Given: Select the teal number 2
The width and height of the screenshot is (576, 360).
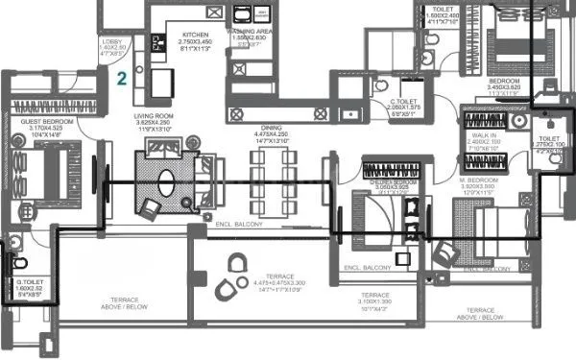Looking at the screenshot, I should (x=122, y=79).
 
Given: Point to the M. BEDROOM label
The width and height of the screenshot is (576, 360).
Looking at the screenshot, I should (x=481, y=180).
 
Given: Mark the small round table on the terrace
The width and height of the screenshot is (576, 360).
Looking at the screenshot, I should (x=235, y=260).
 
